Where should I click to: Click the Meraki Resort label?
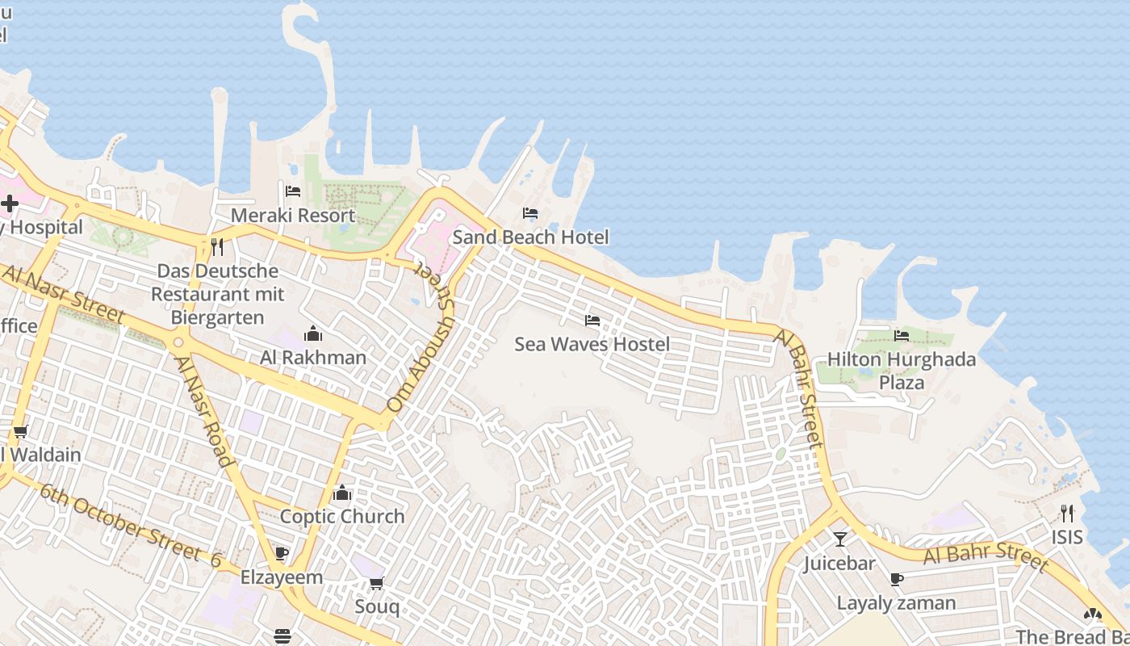pyautogui.click(x=293, y=216)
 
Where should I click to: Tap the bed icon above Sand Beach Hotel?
pyautogui.click(x=530, y=213)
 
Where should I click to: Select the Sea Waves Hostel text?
pyautogui.click(x=592, y=344)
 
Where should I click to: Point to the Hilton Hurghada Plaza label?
pyautogui.click(x=902, y=371)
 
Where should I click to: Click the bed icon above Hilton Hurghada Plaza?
pyautogui.click(x=902, y=335)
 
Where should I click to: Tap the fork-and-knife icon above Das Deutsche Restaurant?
pyautogui.click(x=217, y=246)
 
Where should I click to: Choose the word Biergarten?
pyautogui.click(x=217, y=317)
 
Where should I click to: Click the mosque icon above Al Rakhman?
pyautogui.click(x=313, y=333)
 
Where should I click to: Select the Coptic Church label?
pyautogui.click(x=342, y=516)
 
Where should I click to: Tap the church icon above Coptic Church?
pyautogui.click(x=342, y=493)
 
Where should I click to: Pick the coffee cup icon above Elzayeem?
pyautogui.click(x=282, y=554)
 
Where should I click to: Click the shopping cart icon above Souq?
pyautogui.click(x=377, y=583)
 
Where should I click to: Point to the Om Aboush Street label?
pyautogui.click(x=421, y=339)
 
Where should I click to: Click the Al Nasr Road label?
pyautogui.click(x=204, y=411)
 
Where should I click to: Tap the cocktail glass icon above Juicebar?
pyautogui.click(x=839, y=539)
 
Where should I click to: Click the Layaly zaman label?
pyautogui.click(x=896, y=602)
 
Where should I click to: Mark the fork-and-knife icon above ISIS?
pyautogui.click(x=1067, y=513)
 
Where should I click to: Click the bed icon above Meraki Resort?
pyautogui.click(x=293, y=191)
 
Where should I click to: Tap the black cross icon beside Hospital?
pyautogui.click(x=10, y=203)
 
